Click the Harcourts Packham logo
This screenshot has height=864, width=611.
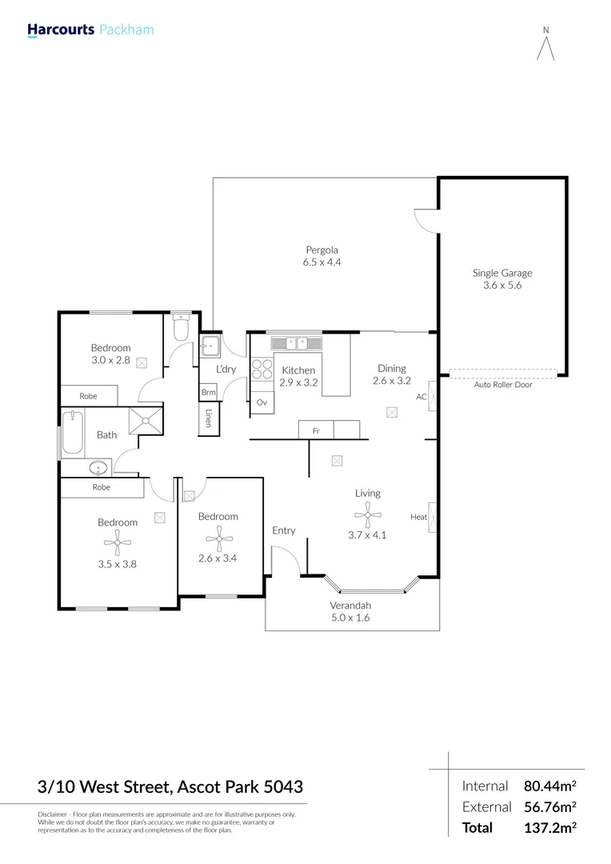90,30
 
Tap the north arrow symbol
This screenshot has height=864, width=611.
546,46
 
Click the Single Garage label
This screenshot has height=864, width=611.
501,273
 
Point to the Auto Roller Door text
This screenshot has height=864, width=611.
502,385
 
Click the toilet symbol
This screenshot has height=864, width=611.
180,328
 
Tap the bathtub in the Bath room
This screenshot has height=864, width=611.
73,434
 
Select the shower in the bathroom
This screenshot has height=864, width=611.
147,419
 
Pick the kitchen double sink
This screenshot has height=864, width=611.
296,344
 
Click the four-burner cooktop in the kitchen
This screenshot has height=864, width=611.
262,370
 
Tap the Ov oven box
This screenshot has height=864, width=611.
262,402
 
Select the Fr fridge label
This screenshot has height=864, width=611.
316,431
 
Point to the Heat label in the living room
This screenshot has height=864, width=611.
418,517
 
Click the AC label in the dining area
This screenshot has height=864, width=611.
421,396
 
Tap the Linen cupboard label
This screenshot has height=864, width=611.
209,418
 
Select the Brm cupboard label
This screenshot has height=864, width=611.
208,392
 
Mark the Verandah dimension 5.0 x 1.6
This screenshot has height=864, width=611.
350,617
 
